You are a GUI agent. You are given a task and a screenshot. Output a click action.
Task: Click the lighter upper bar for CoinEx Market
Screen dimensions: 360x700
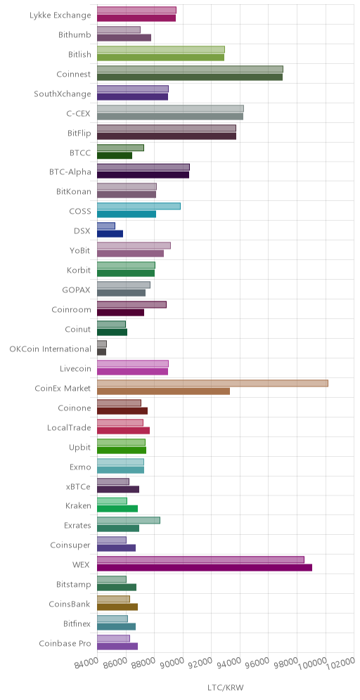click(212, 383)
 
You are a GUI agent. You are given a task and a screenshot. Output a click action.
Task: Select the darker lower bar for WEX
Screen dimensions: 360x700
click(205, 568)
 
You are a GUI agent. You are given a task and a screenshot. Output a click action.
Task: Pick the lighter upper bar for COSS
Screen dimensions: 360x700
click(139, 206)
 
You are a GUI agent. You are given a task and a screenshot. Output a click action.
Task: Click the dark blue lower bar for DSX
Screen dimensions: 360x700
click(110, 234)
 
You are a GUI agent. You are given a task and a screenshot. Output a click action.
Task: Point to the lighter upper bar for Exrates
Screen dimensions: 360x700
click(129, 521)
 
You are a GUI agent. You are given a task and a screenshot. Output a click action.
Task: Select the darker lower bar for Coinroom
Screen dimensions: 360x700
click(121, 313)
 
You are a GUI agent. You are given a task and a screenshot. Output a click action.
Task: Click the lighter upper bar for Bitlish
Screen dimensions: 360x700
click(161, 49)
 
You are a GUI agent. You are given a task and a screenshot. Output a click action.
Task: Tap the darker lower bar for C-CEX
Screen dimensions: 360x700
click(170, 117)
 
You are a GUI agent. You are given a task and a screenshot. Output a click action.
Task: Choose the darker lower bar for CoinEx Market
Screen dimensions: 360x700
click(163, 391)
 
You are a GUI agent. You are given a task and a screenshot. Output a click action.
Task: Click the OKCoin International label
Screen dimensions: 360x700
click(50, 349)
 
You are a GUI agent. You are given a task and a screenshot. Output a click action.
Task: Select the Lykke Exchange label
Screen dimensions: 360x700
click(60, 15)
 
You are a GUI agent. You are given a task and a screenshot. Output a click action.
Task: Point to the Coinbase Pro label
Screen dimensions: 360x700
click(65, 643)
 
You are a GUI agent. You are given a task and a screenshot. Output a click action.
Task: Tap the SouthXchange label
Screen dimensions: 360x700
click(63, 94)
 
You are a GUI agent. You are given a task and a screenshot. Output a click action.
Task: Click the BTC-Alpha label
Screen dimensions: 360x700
click(70, 172)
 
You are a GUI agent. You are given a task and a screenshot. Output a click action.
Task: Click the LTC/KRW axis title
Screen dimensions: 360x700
click(226, 687)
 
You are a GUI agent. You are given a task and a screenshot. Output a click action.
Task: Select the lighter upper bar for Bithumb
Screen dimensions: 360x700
click(119, 30)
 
